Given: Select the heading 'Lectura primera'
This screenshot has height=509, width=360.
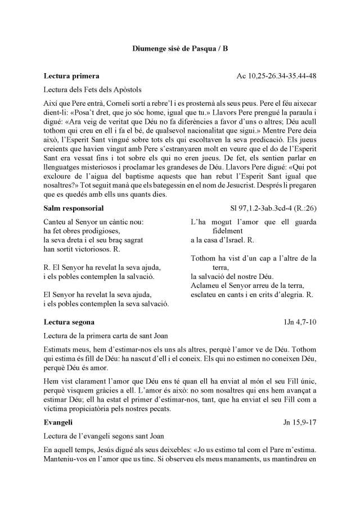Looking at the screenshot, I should point(71,75).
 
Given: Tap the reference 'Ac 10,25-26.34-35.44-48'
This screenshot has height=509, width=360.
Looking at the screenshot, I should point(278,75).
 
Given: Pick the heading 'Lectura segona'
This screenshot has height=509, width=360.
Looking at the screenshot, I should point(69,322).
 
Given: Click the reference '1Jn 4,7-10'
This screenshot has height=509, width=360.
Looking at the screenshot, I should point(300,322).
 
